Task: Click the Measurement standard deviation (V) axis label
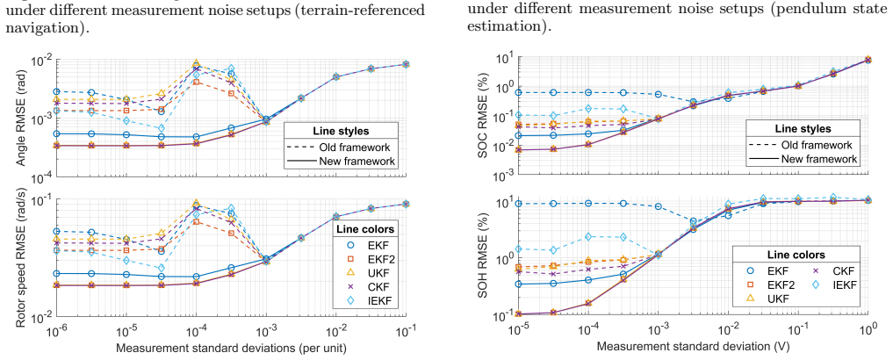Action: [x=693, y=346]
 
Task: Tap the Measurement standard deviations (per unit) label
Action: [x=231, y=346]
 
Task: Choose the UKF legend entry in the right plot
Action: [x=758, y=298]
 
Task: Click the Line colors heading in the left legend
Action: [x=365, y=229]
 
